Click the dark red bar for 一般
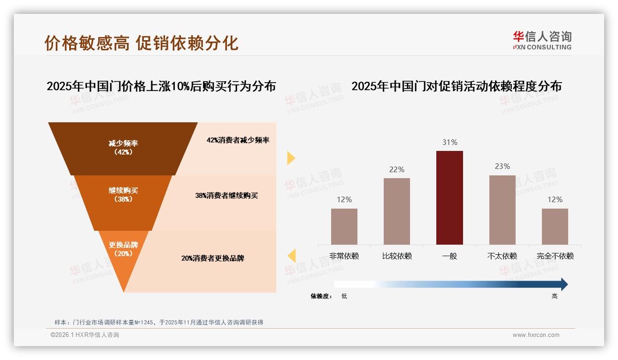[449, 198]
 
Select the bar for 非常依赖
[344, 226]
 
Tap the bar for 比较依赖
[397, 211]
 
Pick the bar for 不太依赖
[502, 210]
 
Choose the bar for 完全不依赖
[555, 226]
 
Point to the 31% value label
[450, 143]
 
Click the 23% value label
[502, 166]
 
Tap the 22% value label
[397, 169]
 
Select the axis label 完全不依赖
[555, 256]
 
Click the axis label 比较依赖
[397, 256]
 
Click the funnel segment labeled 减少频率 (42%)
[123, 148]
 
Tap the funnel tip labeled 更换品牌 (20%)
[123, 254]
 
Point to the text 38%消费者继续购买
[226, 196]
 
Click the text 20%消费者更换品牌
[213, 258]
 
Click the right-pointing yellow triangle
[291, 158]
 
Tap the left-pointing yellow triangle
[291, 255]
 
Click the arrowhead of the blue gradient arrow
[564, 284]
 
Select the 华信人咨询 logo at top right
[542, 40]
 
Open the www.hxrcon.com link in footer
[536, 335]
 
